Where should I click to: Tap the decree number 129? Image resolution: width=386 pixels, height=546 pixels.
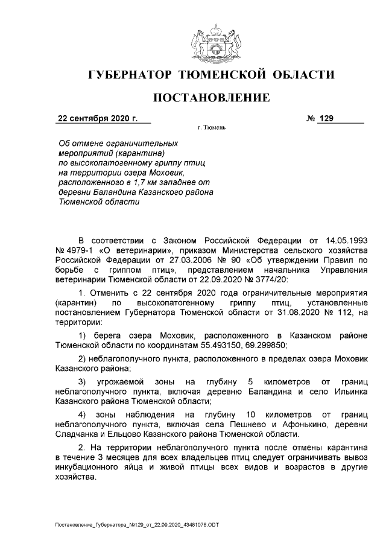tap(326, 118)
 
